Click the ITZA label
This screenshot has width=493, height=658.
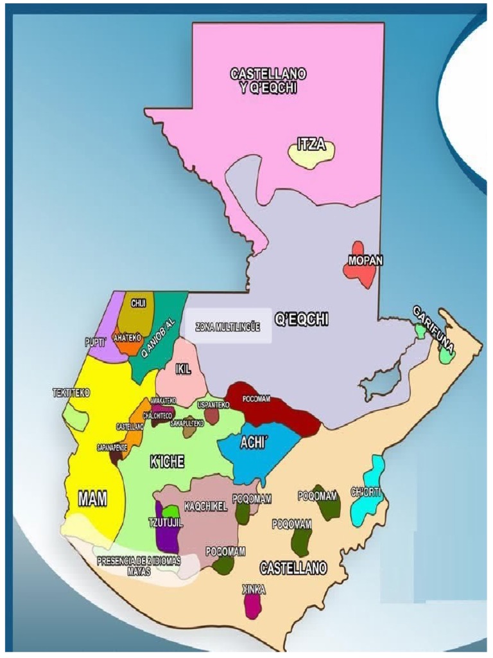click(311, 145)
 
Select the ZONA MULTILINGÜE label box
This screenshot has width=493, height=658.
click(228, 327)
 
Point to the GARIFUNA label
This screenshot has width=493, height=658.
click(435, 330)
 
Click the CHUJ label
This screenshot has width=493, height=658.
click(139, 303)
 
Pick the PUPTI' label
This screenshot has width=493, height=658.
click(95, 342)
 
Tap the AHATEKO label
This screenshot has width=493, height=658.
click(127, 337)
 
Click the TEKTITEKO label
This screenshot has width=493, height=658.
click(71, 392)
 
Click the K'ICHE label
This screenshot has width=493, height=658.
click(167, 462)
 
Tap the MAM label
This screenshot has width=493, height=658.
click(92, 498)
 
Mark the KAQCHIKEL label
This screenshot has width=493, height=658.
click(205, 506)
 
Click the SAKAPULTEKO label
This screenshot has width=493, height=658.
click(187, 423)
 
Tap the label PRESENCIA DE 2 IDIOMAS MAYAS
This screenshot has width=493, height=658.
click(139, 565)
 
